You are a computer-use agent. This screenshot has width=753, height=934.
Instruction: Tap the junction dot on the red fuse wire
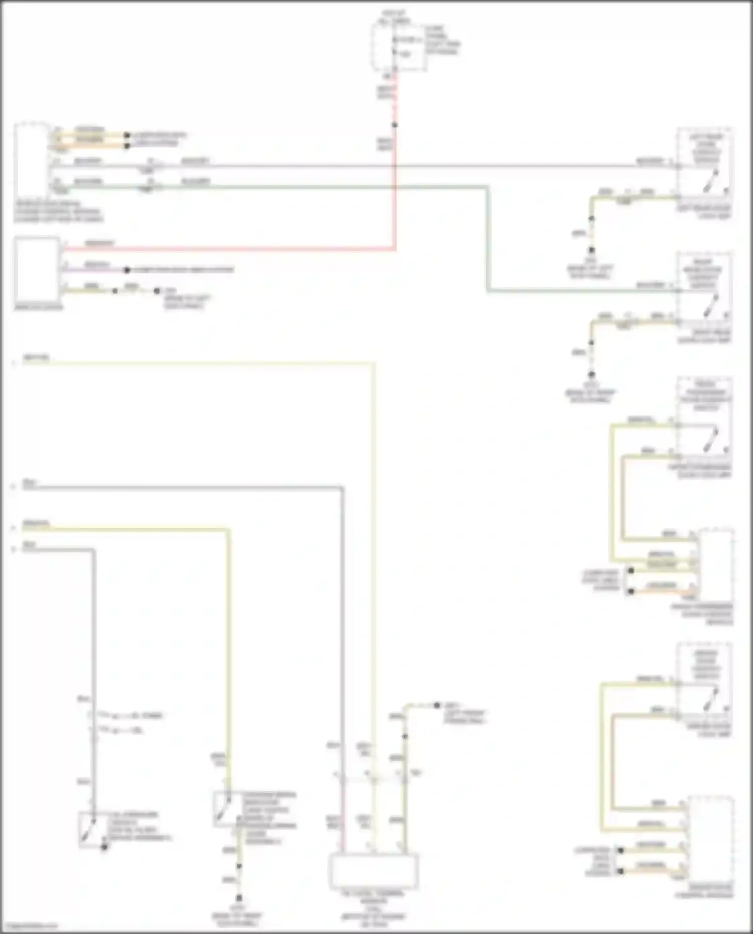[395, 124]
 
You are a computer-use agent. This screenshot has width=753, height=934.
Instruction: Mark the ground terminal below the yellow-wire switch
[239, 898]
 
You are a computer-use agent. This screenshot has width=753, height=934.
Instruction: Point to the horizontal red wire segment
[226, 248]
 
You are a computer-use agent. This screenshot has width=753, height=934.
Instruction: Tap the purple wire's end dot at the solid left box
[127, 270]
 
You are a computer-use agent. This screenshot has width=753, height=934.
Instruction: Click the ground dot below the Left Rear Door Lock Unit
[591, 249]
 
